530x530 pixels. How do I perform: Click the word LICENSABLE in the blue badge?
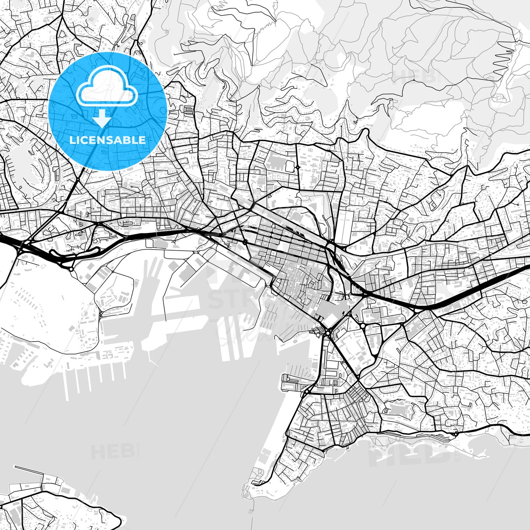click(107, 140)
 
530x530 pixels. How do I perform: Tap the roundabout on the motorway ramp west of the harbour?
click(71, 269)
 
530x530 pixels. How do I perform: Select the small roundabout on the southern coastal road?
click(456, 435)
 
